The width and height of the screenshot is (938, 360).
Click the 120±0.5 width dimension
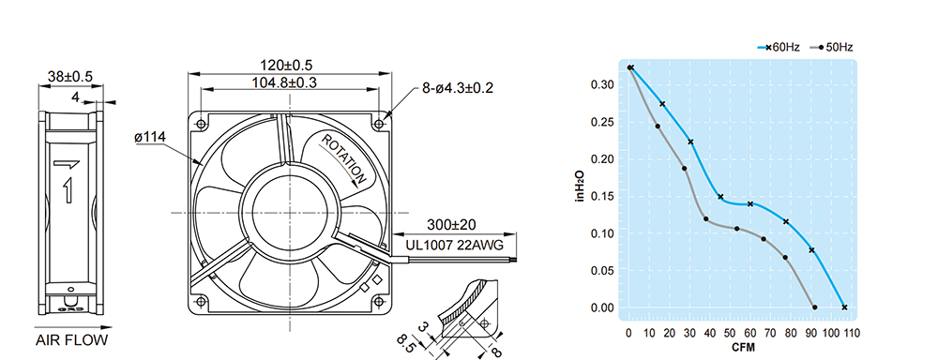tap(286, 65)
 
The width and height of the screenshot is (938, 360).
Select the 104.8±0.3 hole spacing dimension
tap(283, 82)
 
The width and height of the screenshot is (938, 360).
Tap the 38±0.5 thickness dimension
tap(70, 77)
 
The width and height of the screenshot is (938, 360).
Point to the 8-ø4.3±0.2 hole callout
tap(457, 88)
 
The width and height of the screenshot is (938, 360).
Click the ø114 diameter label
tap(150, 138)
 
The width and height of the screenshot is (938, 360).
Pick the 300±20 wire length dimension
tap(451, 225)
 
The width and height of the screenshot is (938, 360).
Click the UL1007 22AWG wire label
tap(454, 246)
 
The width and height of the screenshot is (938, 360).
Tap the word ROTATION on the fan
tap(344, 158)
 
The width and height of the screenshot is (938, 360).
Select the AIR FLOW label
tap(72, 341)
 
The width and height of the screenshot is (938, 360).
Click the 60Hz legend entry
tap(779, 47)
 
